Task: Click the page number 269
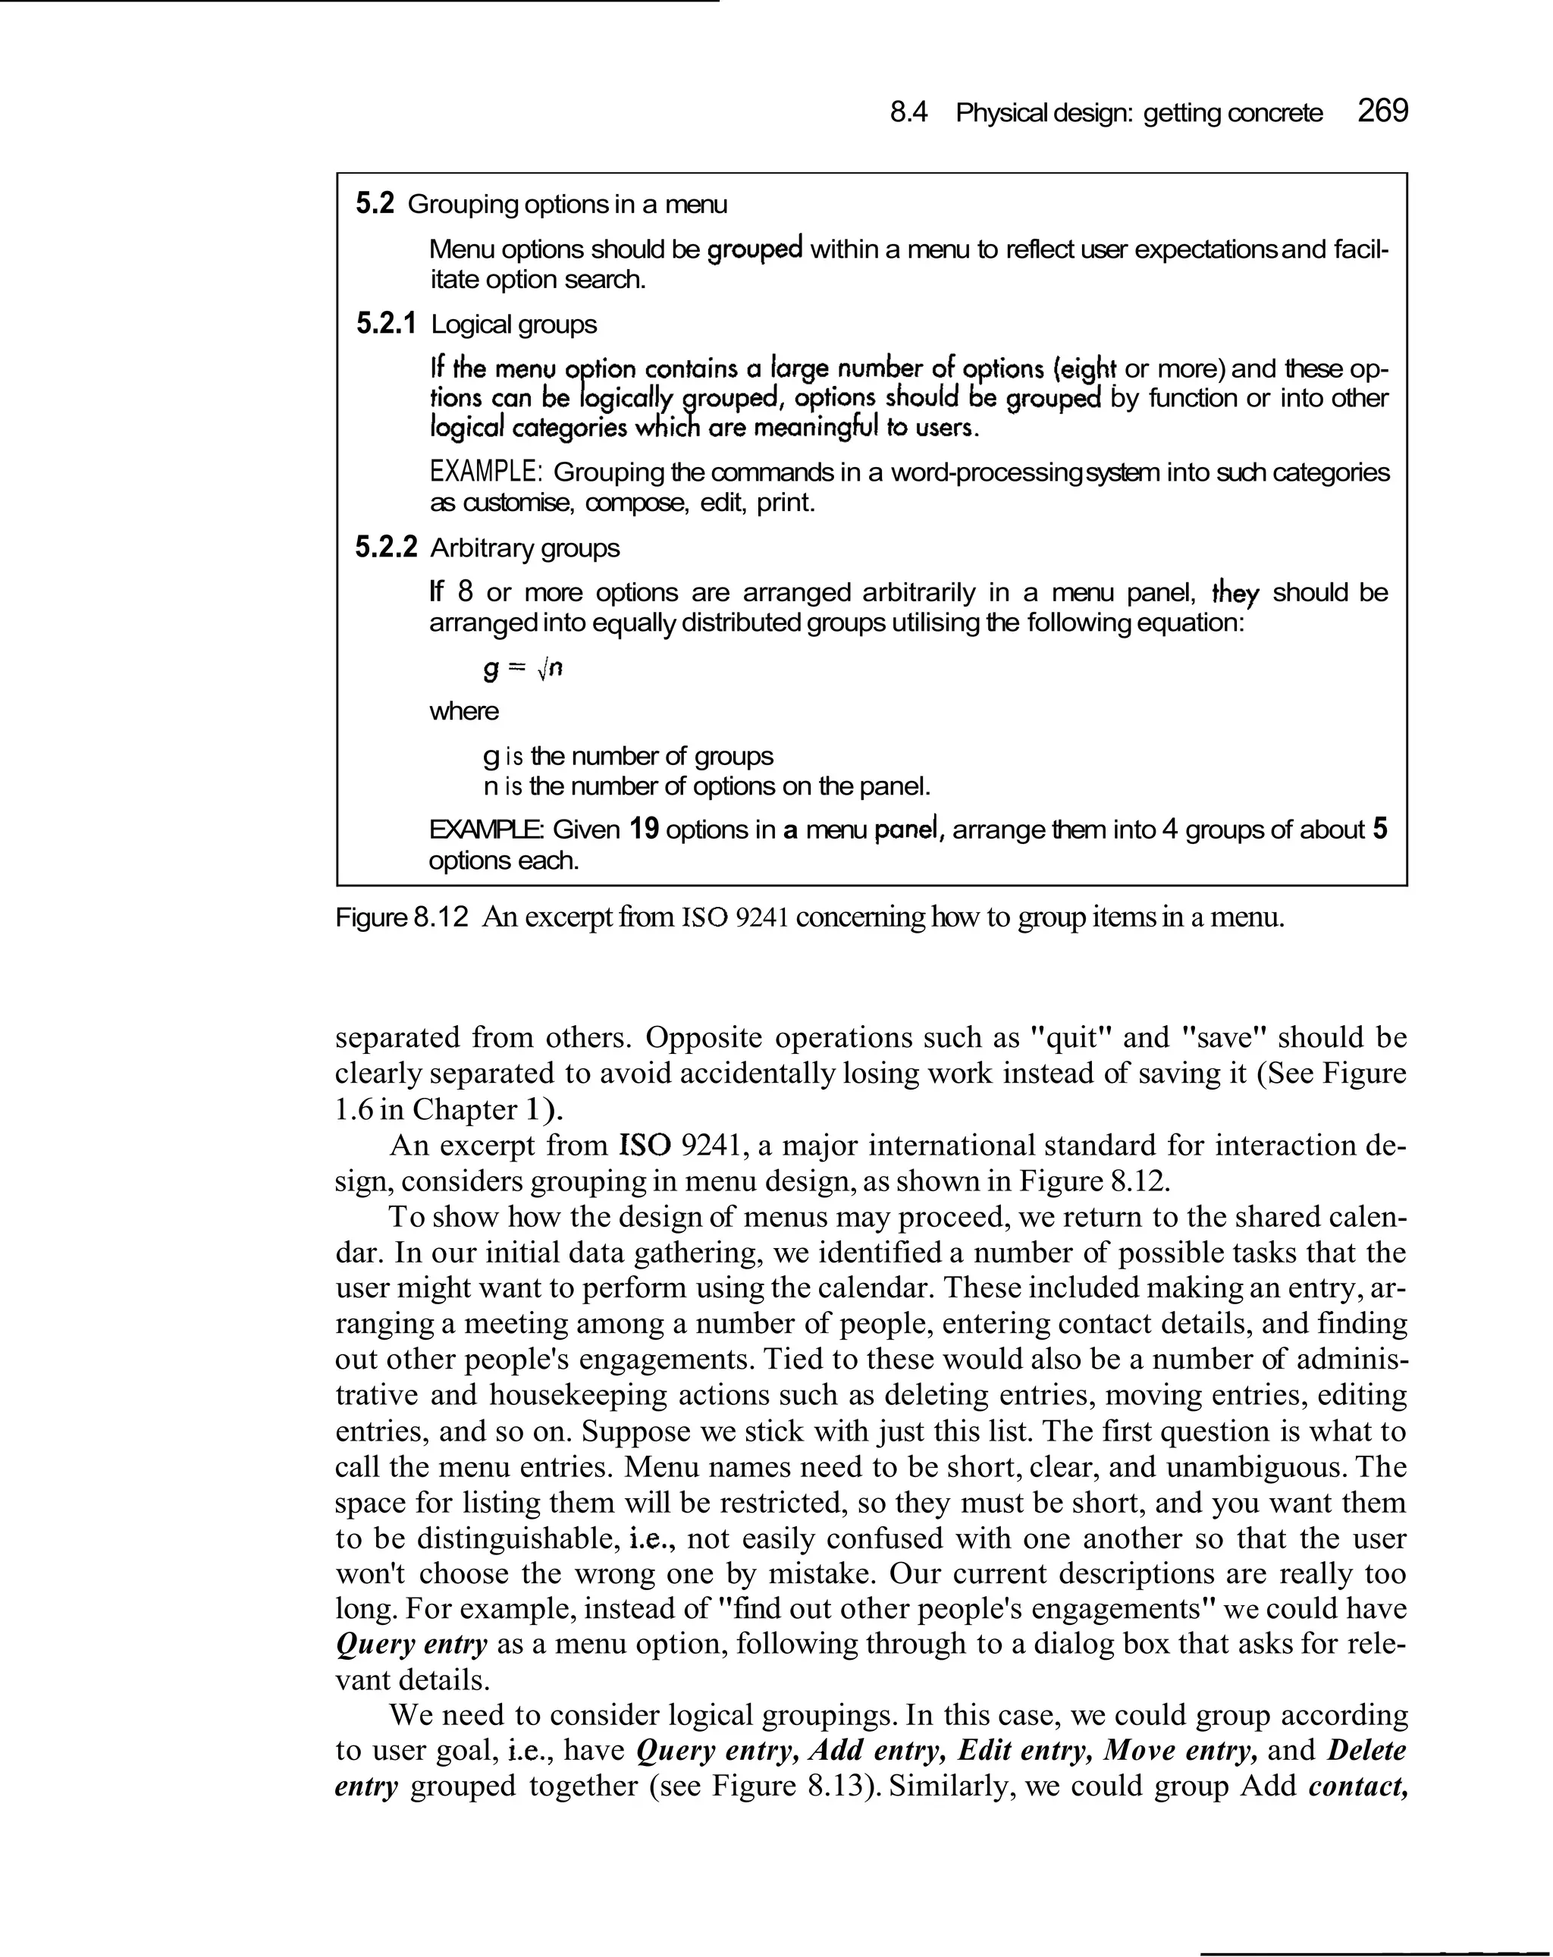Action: (x=1382, y=111)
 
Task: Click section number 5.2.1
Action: (x=386, y=324)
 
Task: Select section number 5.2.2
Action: (x=386, y=547)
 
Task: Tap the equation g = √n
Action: (x=522, y=669)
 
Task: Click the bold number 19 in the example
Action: (x=644, y=830)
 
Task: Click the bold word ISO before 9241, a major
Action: (x=645, y=1145)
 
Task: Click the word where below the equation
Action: (x=464, y=710)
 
